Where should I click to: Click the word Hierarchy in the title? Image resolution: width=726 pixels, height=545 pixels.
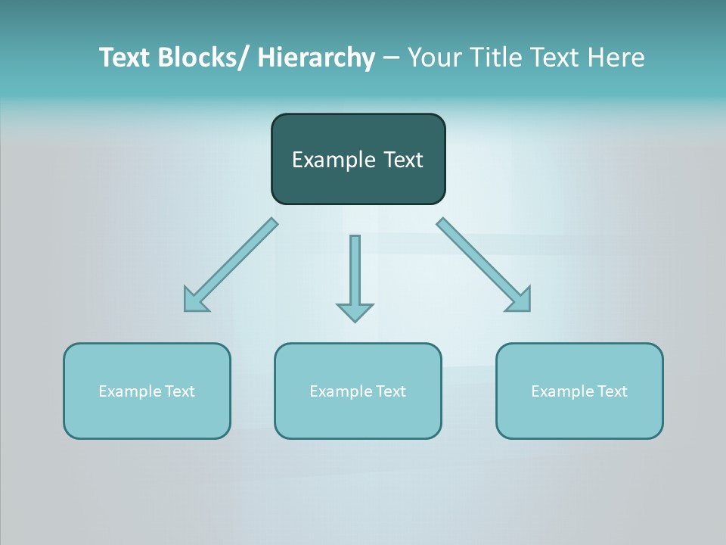coord(316,58)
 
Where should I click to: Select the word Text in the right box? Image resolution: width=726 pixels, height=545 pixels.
coord(610,391)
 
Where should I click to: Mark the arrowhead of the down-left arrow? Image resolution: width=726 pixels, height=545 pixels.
coord(194,301)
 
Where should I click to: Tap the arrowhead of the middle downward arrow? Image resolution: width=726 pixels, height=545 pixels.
coord(355,312)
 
